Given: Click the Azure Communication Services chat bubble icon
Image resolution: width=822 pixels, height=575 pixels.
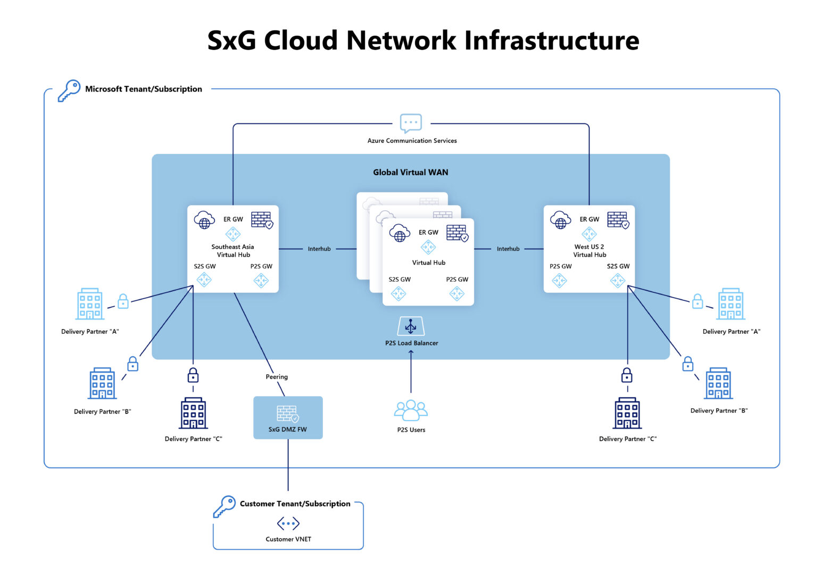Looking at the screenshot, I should click(x=411, y=123).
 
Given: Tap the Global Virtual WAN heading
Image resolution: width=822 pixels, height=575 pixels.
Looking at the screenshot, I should click(x=410, y=172).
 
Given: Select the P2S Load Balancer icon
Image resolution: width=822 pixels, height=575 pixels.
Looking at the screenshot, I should click(x=411, y=326).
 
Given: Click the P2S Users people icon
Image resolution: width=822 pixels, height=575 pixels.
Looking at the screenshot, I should click(x=411, y=410).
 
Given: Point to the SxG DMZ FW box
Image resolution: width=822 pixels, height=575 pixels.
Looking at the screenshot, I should click(x=288, y=417).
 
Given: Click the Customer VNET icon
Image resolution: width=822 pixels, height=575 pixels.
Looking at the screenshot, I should click(x=288, y=524).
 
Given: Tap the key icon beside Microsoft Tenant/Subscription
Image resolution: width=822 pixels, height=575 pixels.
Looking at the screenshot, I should click(x=69, y=91).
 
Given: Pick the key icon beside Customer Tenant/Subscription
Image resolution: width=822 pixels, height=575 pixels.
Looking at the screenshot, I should click(x=225, y=506).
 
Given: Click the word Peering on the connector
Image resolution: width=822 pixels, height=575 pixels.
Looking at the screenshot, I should click(x=277, y=377).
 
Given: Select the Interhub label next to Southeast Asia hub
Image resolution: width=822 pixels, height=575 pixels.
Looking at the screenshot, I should click(x=319, y=249).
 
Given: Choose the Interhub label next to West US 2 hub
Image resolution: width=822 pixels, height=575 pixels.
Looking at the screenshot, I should click(x=508, y=249).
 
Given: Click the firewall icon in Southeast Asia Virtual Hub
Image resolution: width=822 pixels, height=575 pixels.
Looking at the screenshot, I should click(x=262, y=220).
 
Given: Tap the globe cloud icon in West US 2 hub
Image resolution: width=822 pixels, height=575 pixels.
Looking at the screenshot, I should click(x=561, y=220).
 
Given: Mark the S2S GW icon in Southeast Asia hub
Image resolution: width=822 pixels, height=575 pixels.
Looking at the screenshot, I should click(x=204, y=280).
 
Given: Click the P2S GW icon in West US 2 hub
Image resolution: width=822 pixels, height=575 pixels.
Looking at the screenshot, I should click(x=560, y=280).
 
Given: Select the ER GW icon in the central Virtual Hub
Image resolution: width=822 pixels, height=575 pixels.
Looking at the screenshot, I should click(x=428, y=247).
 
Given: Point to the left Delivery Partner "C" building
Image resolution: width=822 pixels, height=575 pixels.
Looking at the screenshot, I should click(x=193, y=413).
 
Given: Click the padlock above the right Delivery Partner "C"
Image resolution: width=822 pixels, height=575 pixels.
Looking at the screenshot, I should click(x=627, y=375).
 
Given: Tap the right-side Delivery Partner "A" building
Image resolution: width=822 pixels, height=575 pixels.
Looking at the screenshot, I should click(x=731, y=304).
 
